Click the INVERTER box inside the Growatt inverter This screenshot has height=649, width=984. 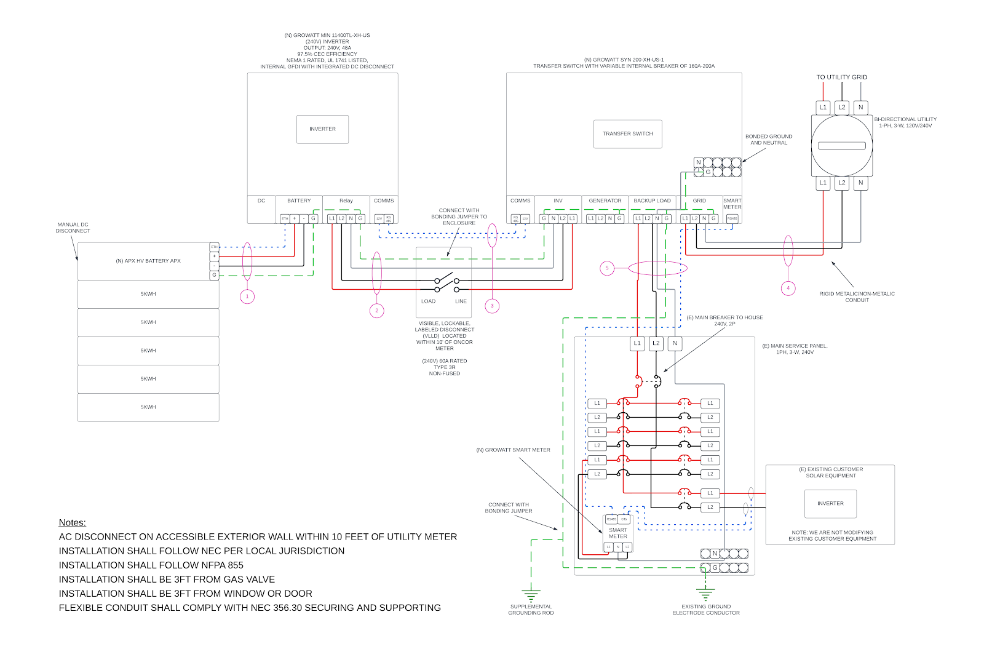[x=322, y=129]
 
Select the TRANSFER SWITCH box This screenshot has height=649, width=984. [x=627, y=133]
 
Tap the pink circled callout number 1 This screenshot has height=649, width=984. [x=247, y=297]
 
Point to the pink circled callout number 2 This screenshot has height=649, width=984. [x=377, y=311]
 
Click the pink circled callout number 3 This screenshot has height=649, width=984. [x=492, y=306]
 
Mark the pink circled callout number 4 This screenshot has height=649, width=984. [x=788, y=288]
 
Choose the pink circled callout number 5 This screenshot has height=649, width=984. [x=607, y=268]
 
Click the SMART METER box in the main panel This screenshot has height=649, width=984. [x=618, y=533]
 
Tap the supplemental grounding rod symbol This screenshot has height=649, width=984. [x=531, y=595]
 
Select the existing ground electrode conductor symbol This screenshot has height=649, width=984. [x=705, y=594]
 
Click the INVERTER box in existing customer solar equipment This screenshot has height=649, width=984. [x=830, y=504]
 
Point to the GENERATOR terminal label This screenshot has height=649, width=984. [x=605, y=201]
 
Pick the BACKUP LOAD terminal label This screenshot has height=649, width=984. [x=652, y=201]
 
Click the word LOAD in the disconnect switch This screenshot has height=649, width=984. [x=428, y=301]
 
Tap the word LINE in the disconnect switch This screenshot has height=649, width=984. [x=461, y=301]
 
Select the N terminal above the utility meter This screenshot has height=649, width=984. [x=860, y=107]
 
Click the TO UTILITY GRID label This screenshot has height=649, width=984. [x=841, y=78]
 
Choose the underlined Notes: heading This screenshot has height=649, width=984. [x=73, y=523]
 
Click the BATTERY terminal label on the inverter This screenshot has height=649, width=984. [x=299, y=201]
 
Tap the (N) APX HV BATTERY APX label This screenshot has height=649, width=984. [x=148, y=261]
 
